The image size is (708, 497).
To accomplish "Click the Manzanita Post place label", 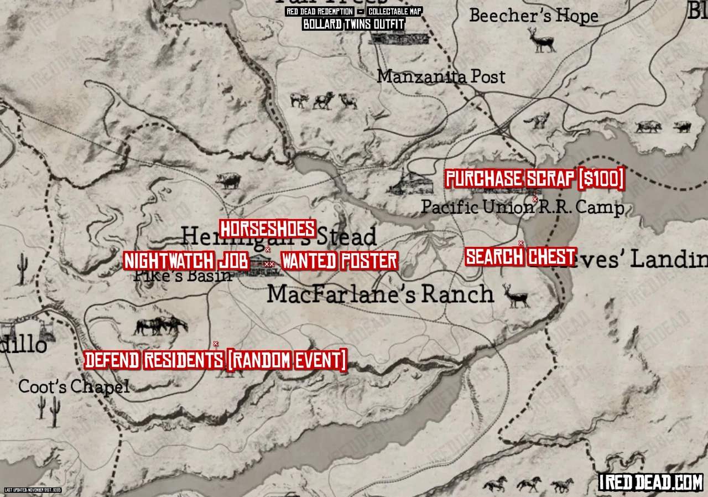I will (x=441, y=76).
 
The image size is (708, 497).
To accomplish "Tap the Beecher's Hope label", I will (x=534, y=16).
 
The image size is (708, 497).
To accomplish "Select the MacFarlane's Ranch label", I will (x=381, y=294).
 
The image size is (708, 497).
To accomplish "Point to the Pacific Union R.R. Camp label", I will (x=522, y=208).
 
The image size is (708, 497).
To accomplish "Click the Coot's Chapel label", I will (x=74, y=386).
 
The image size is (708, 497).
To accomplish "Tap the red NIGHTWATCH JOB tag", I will (x=185, y=261).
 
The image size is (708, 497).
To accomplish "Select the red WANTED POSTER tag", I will (x=339, y=261).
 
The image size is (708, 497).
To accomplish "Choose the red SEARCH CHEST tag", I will (x=520, y=257).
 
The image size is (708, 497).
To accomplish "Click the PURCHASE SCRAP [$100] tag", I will (x=535, y=179).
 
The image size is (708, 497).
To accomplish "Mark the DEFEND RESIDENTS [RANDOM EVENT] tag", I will (x=215, y=361).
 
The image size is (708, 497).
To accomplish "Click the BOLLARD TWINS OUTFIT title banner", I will (x=353, y=24).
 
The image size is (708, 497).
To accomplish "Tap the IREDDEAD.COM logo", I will (x=651, y=482).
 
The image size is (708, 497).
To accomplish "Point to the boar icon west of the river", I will (x=228, y=180).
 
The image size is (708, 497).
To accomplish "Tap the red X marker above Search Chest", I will (x=520, y=243).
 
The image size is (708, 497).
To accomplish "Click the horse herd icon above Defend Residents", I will (x=160, y=325).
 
